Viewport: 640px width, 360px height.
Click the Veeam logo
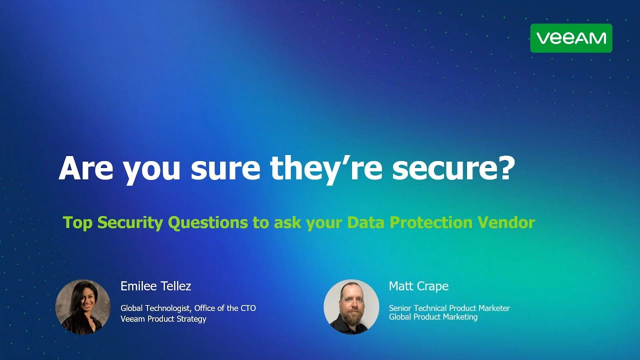click(x=571, y=38)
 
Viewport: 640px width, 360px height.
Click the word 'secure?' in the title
click(x=453, y=168)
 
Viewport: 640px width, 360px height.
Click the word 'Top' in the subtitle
click(x=77, y=222)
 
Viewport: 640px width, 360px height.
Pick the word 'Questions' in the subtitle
click(x=207, y=222)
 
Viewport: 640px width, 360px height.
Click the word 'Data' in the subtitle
click(x=366, y=222)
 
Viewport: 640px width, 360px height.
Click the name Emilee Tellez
click(x=155, y=286)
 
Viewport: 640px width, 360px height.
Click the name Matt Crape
click(x=418, y=286)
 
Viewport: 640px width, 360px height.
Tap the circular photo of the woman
click(x=83, y=306)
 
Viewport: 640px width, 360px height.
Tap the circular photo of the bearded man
click(x=351, y=306)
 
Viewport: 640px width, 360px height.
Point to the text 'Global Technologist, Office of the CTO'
click(x=188, y=308)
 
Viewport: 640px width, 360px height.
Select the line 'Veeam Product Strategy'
click(x=163, y=319)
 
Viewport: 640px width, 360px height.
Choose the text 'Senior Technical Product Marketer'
click(x=449, y=308)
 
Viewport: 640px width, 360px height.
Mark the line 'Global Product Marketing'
click(x=433, y=317)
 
